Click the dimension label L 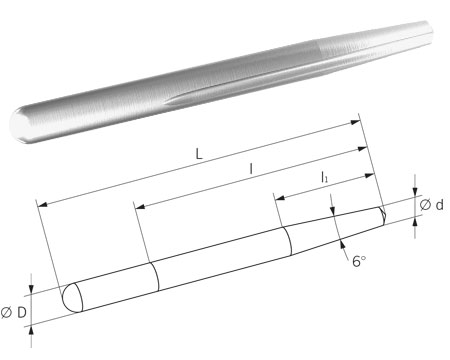point(199,154)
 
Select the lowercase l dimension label point(251,170)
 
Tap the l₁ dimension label point(324,177)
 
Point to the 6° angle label point(359,261)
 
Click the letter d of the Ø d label point(440,205)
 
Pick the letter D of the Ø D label point(22,312)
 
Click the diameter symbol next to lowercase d point(425,205)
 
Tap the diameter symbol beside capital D point(6,312)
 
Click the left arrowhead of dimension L point(43,204)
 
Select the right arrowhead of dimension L point(356,122)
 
